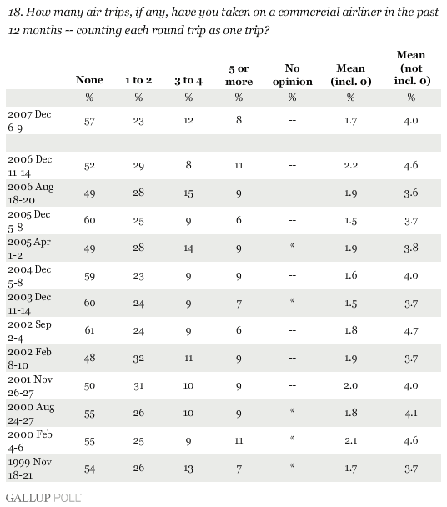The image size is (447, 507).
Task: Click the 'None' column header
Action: [89, 80]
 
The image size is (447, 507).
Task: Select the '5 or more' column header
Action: [239, 75]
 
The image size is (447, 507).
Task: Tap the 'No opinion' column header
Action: [293, 75]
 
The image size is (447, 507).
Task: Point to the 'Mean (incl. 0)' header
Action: [350, 75]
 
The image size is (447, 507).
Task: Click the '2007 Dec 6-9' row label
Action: [29, 121]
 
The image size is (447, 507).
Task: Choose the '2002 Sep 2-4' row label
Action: [29, 331]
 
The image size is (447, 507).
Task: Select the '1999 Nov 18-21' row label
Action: [30, 469]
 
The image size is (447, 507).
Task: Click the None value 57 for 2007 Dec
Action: [89, 121]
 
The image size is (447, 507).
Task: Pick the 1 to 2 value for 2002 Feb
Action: [138, 359]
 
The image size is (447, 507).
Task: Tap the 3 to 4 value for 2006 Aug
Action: [188, 193]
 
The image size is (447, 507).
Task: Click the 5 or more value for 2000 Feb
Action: [239, 441]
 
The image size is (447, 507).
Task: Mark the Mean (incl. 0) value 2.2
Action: [350, 166]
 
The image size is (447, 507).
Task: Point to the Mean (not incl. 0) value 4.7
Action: [411, 331]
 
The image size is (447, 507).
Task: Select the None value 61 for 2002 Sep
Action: [89, 330]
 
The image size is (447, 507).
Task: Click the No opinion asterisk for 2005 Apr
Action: [292, 246]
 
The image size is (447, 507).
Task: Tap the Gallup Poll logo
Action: [43, 498]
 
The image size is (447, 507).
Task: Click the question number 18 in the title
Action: [15, 13]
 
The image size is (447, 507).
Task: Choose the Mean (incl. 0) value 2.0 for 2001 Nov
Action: [350, 386]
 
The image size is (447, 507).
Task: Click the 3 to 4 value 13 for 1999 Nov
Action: [188, 469]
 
